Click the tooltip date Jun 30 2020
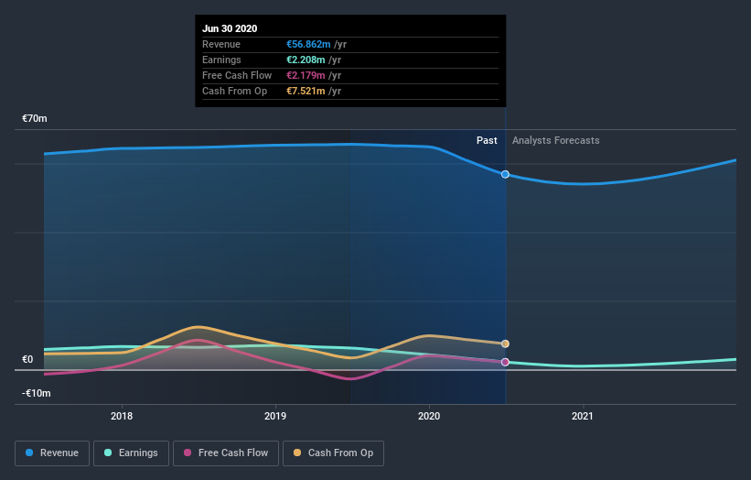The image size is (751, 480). [x=230, y=28]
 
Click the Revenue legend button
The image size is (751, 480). [x=53, y=453]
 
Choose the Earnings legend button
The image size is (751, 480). [x=131, y=453]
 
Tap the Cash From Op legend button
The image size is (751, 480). [x=333, y=453]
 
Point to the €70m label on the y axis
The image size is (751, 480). [x=35, y=119]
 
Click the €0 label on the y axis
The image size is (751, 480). [x=28, y=359]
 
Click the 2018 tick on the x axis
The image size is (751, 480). [x=122, y=416]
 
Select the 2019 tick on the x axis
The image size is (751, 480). [x=275, y=416]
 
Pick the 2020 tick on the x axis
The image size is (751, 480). [x=429, y=416]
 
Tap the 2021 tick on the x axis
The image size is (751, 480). [x=583, y=416]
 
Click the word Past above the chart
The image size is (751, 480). [x=487, y=140]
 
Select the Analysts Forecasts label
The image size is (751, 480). [x=556, y=140]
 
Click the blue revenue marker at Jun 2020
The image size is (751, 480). [x=505, y=174]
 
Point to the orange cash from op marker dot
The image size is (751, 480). [x=505, y=344]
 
